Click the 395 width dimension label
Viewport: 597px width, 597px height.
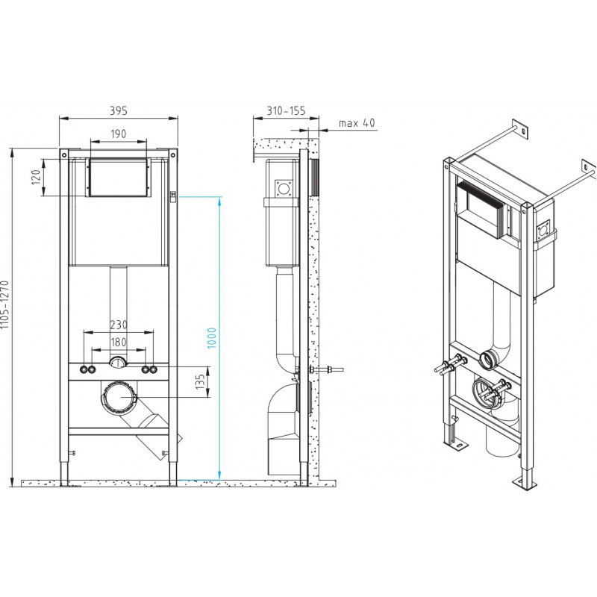[x=119, y=110]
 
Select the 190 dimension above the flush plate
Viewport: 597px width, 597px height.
[x=119, y=134]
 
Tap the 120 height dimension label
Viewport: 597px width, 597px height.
[x=36, y=178]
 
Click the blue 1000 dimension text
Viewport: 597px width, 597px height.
[x=212, y=338]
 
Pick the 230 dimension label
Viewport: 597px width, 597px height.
[x=119, y=325]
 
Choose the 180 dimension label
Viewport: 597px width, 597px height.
[x=119, y=342]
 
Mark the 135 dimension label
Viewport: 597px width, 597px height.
[x=200, y=382]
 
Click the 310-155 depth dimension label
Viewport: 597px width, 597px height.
[x=286, y=110]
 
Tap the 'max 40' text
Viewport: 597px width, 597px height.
[x=357, y=123]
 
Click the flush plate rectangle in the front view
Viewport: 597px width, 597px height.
[x=119, y=178]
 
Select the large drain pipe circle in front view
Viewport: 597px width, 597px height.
[x=119, y=397]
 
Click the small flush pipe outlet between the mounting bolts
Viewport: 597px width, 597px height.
[x=119, y=363]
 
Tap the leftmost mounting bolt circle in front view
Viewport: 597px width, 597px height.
[x=84, y=369]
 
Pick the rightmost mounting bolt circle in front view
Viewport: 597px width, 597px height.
[x=153, y=369]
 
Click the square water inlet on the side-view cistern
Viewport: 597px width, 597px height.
[x=284, y=188]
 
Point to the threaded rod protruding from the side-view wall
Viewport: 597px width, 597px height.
[x=327, y=369]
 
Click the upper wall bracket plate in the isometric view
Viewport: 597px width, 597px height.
[x=520, y=128]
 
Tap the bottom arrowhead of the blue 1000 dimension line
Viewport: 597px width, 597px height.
[x=219, y=475]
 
